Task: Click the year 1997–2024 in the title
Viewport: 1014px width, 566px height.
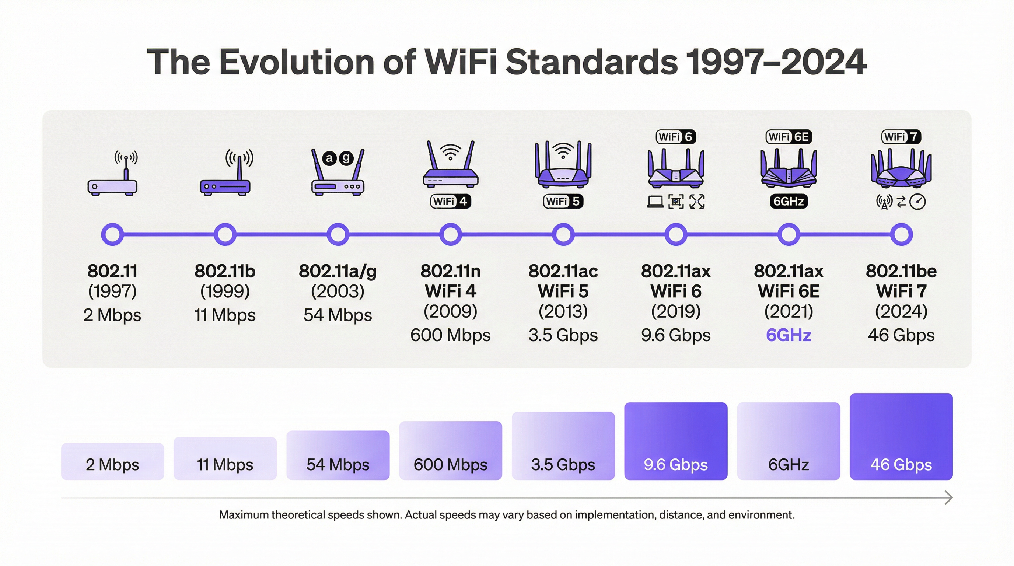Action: click(776, 62)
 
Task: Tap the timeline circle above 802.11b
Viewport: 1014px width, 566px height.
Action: click(225, 235)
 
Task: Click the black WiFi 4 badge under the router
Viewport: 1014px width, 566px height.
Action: click(450, 202)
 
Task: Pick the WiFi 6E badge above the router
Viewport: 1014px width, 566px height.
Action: click(789, 137)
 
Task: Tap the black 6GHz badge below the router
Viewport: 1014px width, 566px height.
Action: click(789, 202)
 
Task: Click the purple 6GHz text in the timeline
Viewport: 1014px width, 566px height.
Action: click(789, 335)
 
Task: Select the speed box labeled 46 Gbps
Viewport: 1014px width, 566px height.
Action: click(901, 437)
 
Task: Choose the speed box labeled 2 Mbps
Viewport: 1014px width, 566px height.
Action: click(113, 461)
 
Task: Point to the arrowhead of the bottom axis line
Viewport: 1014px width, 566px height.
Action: click(950, 498)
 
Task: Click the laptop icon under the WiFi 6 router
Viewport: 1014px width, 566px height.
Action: click(655, 202)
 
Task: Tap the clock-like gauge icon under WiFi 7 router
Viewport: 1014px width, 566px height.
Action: click(917, 202)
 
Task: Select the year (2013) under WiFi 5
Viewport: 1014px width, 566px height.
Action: click(563, 312)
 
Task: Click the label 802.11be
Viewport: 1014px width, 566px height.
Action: click(901, 271)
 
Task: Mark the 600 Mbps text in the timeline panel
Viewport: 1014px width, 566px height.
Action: click(450, 335)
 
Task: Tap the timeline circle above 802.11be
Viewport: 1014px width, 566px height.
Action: click(901, 235)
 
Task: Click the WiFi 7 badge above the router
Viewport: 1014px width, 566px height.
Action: click(901, 137)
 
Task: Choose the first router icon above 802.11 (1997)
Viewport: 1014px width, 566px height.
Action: click(113, 175)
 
